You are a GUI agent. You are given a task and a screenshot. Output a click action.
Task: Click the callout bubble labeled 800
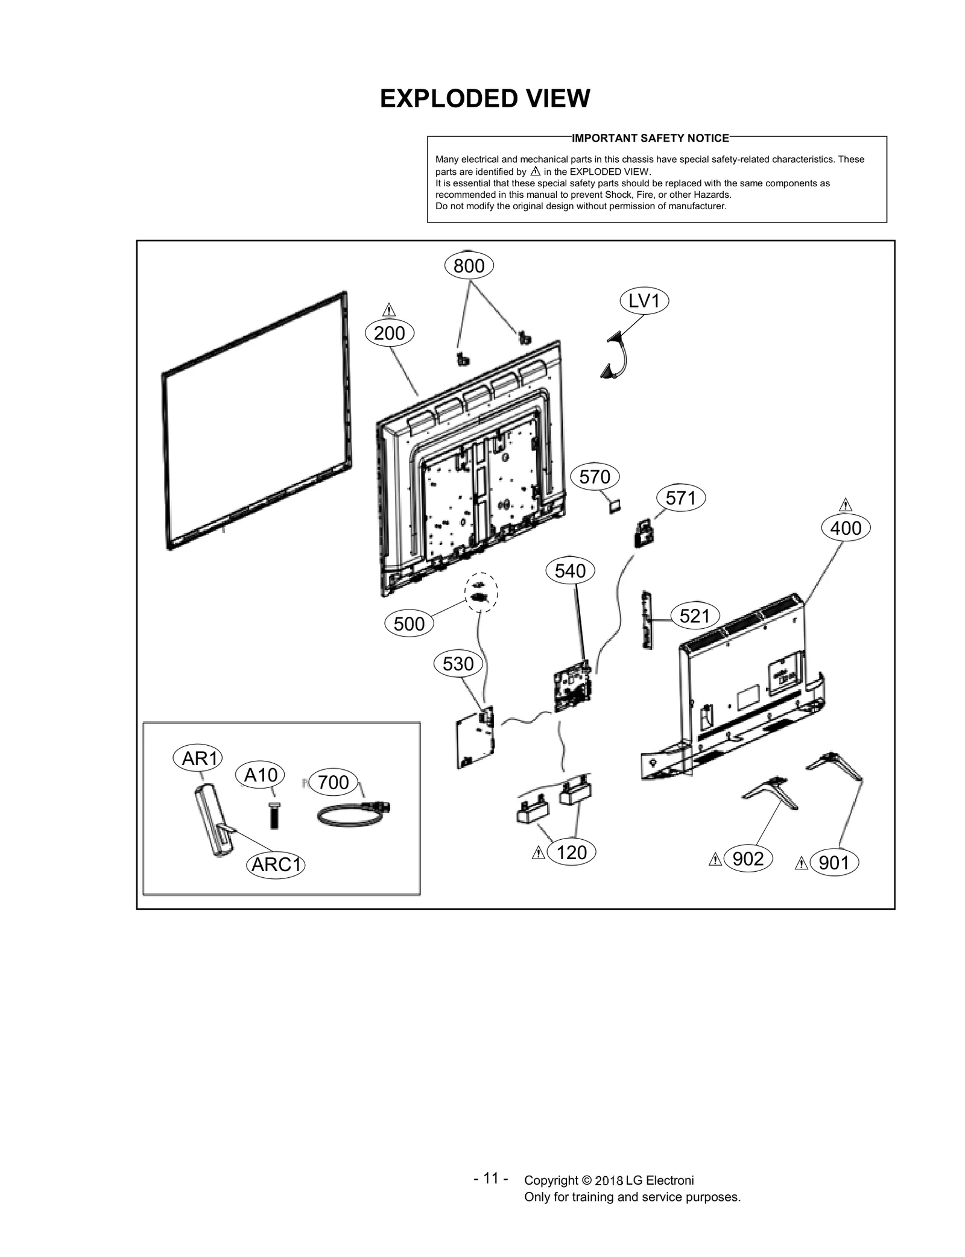coord(469,265)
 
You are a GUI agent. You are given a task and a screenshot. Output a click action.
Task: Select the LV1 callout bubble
coord(644,300)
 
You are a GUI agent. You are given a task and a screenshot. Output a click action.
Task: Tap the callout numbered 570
coord(594,477)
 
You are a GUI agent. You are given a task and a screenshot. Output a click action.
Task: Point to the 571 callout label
coord(680,498)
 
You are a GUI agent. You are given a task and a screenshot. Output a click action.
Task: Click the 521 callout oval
coord(695,616)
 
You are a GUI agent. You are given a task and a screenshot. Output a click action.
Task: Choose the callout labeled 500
coord(409,623)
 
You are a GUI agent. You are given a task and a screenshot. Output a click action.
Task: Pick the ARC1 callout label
coord(276,865)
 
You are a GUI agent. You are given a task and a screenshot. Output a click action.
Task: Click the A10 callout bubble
coord(261,775)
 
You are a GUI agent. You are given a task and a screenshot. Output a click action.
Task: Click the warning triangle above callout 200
coord(389,310)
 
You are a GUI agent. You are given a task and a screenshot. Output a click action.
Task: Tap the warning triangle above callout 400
coord(846,505)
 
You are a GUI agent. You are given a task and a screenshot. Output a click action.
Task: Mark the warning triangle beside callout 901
coord(802,863)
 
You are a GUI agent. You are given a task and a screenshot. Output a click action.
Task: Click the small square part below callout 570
coord(615,506)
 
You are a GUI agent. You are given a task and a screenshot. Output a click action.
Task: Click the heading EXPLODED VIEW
coord(485,98)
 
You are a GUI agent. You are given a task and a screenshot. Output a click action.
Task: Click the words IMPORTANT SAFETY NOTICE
coord(650,138)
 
